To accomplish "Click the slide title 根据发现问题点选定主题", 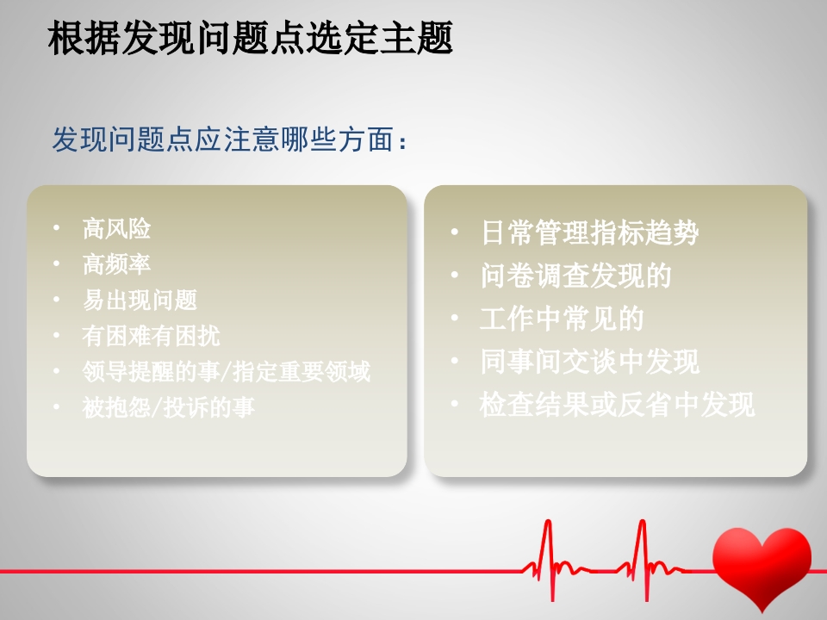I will click(251, 40).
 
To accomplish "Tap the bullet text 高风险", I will click(116, 229).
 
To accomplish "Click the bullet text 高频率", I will click(116, 264).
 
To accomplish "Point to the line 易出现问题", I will click(140, 300).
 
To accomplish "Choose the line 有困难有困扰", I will click(151, 335).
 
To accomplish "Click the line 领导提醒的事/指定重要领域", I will click(226, 371).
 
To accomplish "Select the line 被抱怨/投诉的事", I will click(168, 406).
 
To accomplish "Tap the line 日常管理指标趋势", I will click(589, 232).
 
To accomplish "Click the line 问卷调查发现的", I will click(575, 276).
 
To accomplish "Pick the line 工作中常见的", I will click(562, 319).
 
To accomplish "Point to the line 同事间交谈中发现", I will click(589, 362).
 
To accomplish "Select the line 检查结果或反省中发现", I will click(617, 405).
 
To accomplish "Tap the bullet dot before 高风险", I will click(57, 228).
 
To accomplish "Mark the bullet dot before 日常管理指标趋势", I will click(455, 232).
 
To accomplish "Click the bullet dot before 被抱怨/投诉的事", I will click(57, 406).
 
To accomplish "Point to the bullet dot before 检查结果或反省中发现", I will click(455, 404).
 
